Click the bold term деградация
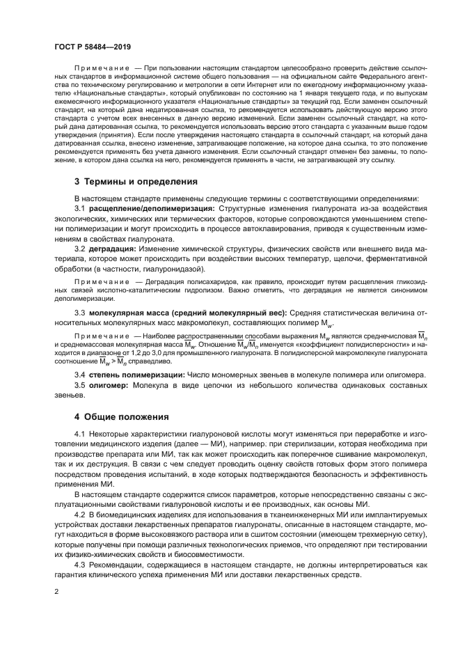tap(113, 249)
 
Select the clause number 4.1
tap(80, 435)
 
